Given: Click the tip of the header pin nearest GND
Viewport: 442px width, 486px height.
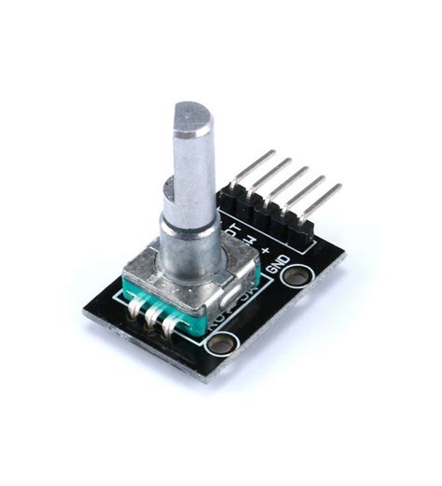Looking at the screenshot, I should pos(337,188).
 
